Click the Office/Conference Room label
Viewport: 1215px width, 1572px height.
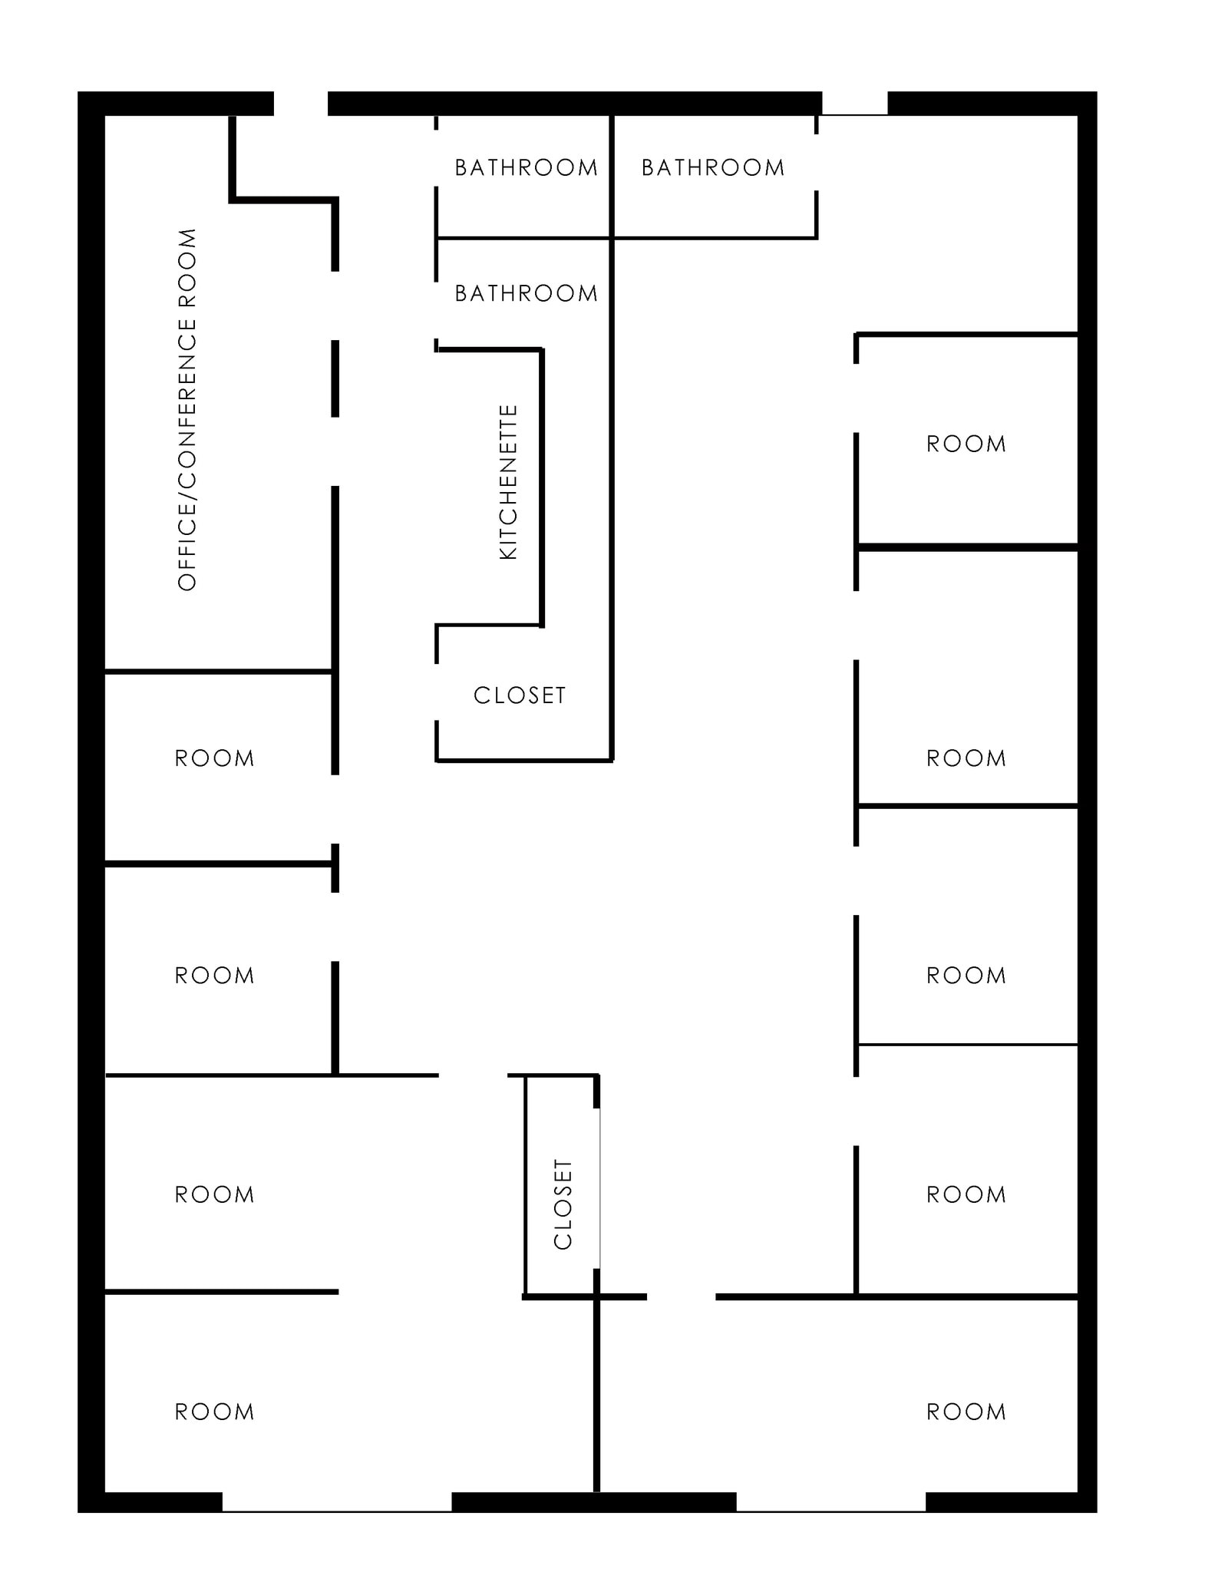[187, 409]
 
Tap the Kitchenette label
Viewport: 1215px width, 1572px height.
[509, 482]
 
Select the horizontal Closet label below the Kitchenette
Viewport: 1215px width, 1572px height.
[520, 695]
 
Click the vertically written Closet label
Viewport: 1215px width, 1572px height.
[563, 1204]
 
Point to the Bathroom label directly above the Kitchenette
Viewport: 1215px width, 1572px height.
[526, 293]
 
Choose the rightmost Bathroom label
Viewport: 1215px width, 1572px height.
[713, 167]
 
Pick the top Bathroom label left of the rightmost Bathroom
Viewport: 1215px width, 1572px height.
[526, 167]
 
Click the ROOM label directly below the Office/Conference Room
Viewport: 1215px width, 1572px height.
[214, 758]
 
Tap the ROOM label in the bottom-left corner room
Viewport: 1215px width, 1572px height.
[214, 1412]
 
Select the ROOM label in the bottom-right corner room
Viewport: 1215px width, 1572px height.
[966, 1412]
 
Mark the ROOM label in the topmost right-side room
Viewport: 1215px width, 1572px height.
[966, 444]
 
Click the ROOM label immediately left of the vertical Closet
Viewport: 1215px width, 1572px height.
[214, 1194]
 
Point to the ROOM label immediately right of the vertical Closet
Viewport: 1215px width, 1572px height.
[966, 1194]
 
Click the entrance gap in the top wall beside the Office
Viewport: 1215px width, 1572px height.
[301, 104]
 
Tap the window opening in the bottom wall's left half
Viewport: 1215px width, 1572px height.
[337, 1502]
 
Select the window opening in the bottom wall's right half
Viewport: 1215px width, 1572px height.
[831, 1502]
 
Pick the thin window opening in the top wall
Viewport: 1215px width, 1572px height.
[855, 104]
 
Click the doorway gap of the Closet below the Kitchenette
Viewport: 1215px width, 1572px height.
[437, 692]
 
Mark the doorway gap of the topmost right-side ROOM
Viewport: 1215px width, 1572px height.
[856, 398]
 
